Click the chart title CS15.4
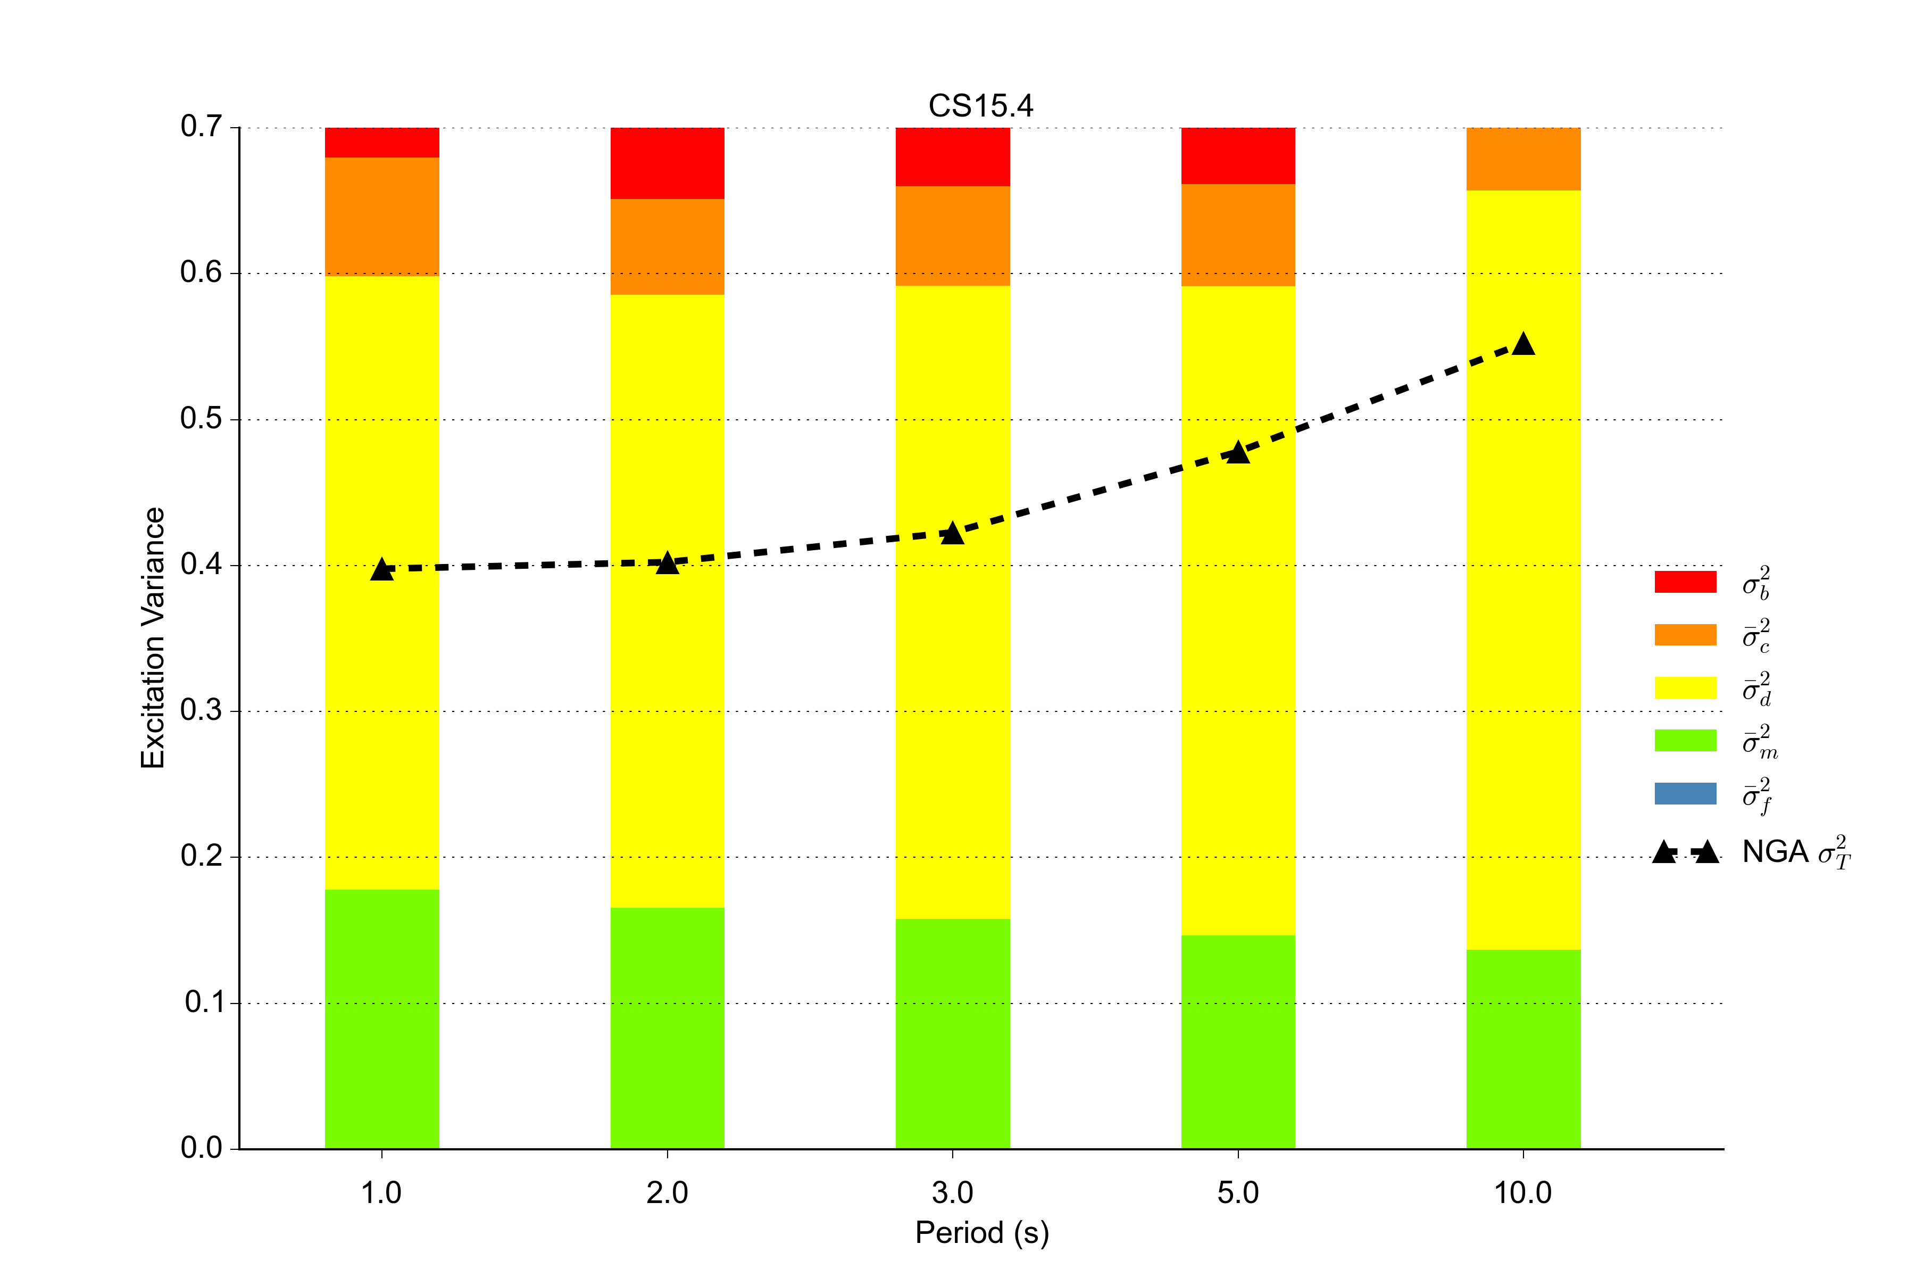coord(980,106)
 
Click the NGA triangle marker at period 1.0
coord(382,570)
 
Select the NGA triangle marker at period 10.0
coord(1523,344)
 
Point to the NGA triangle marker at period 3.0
coord(953,534)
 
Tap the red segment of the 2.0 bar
coord(667,163)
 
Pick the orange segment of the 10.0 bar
coord(1523,159)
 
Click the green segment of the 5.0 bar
coord(1238,1042)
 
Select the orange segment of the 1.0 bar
coord(382,217)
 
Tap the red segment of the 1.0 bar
coord(382,143)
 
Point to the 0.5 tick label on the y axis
coord(201,419)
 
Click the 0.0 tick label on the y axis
coord(201,1148)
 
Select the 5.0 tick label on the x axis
coord(1238,1193)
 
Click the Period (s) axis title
coord(982,1233)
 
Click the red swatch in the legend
coord(1685,582)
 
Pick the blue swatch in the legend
coord(1685,793)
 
